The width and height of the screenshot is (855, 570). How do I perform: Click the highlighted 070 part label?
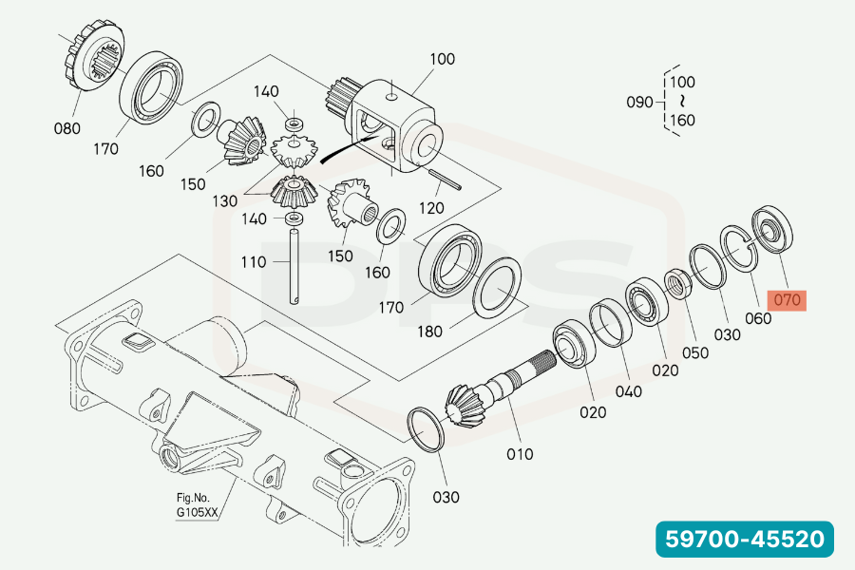tap(788, 301)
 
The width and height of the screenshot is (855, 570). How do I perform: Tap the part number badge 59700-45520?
tap(743, 540)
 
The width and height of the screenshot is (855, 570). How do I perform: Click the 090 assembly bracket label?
tap(639, 102)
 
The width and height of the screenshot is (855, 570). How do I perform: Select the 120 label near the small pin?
tap(431, 208)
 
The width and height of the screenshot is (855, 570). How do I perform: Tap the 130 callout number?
tap(225, 201)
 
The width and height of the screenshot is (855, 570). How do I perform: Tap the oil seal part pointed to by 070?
tap(772, 229)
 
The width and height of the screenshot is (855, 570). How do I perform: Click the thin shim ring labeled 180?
tap(498, 288)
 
